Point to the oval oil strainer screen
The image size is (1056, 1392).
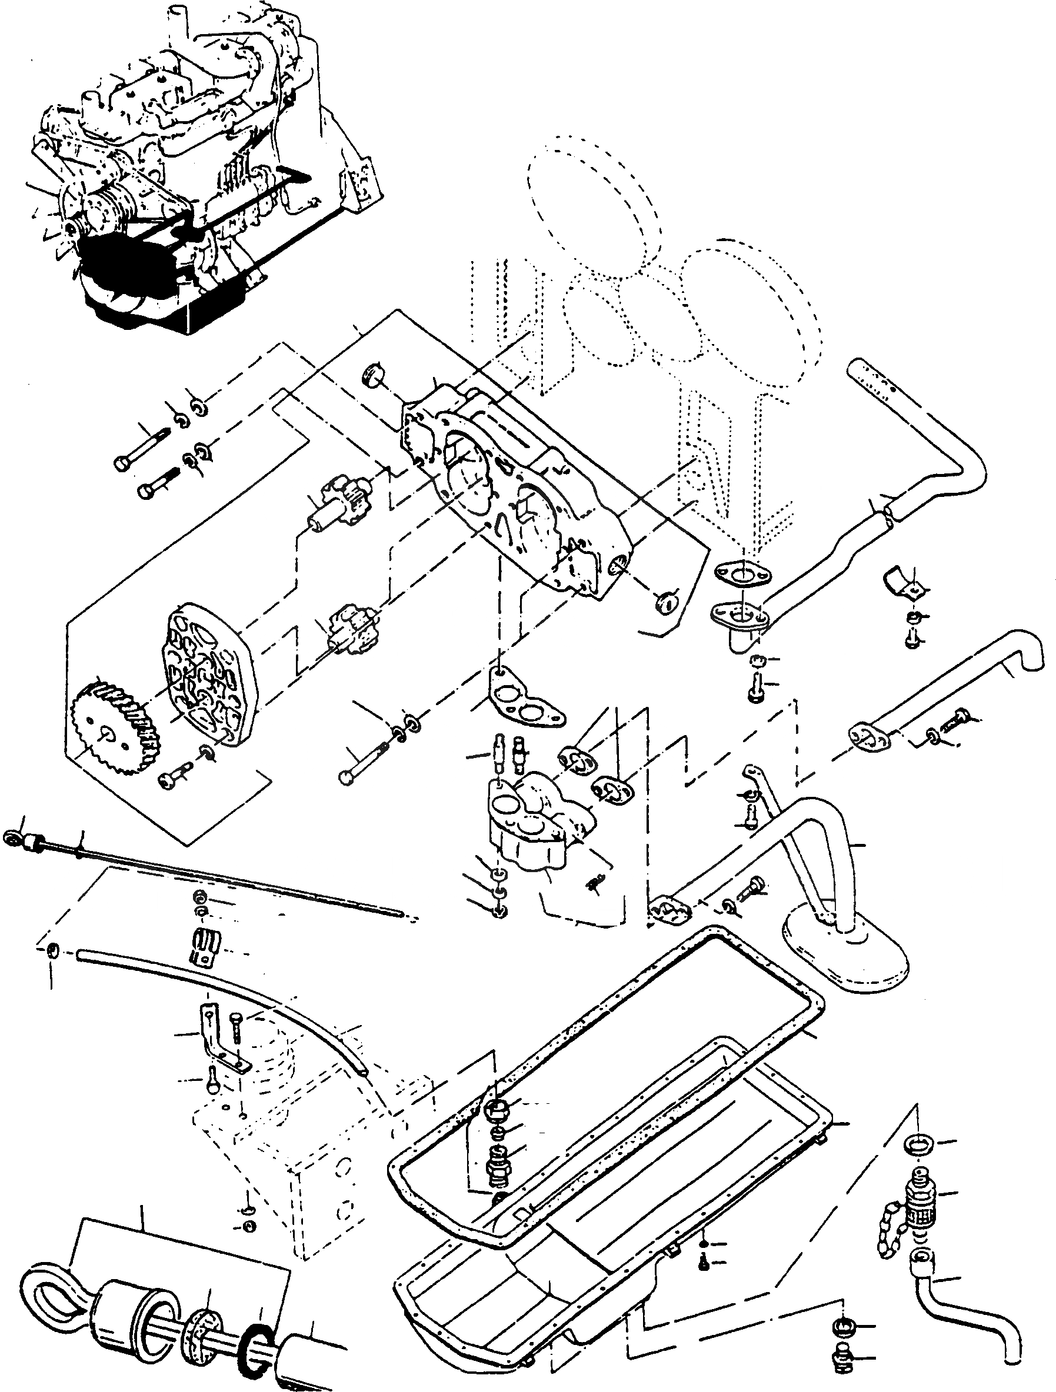tap(844, 955)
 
